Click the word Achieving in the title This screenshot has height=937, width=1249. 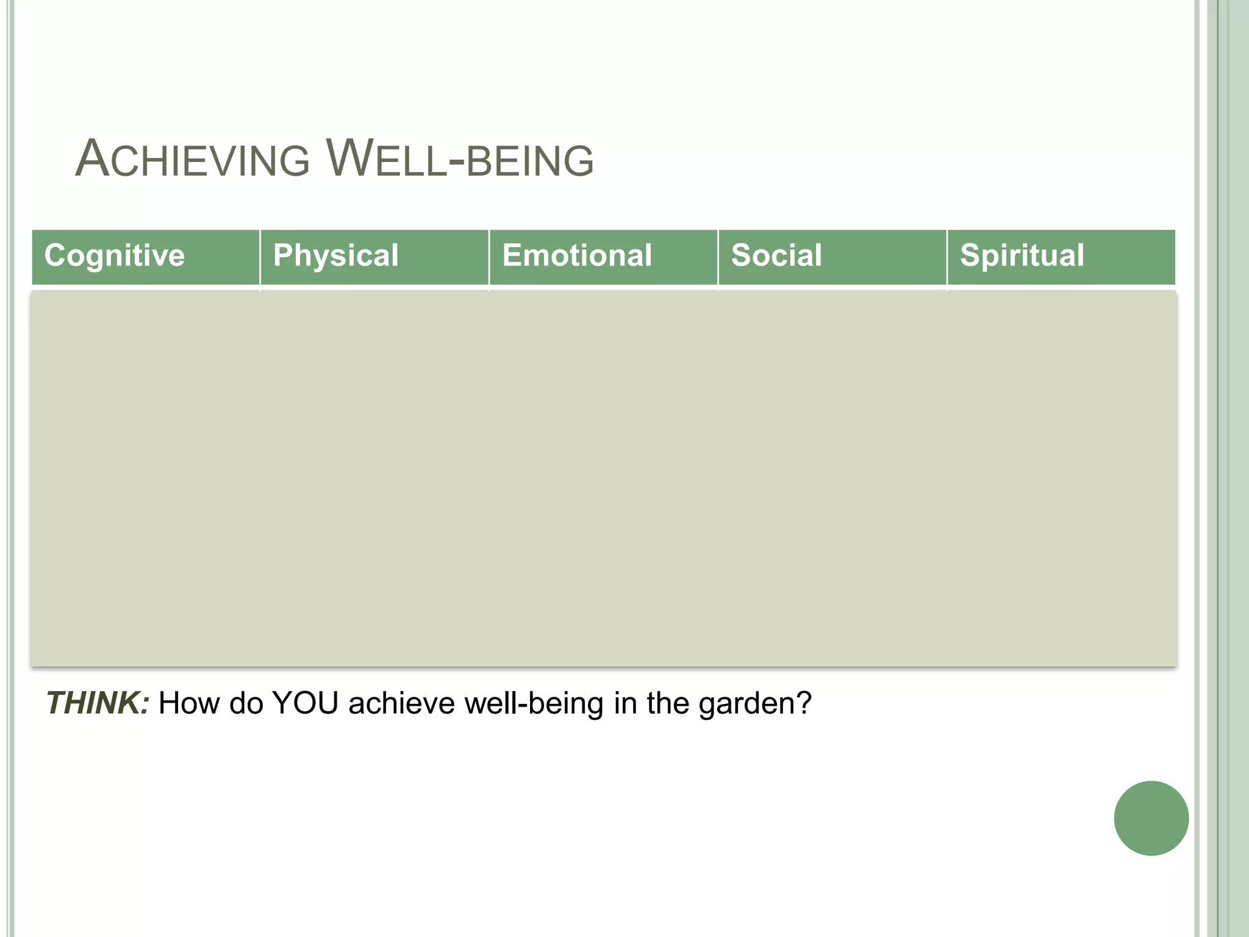point(193,160)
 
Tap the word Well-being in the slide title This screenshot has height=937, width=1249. point(460,160)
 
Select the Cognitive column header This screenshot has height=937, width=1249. point(115,255)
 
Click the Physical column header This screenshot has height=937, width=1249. point(336,255)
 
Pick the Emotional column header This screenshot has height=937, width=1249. point(577,255)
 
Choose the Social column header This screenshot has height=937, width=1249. point(776,255)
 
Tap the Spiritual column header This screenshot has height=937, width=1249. point(1022,255)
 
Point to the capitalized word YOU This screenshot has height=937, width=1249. point(306,703)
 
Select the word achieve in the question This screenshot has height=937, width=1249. point(402,703)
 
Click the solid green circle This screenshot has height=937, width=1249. point(1151,818)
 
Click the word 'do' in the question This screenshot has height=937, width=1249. point(246,703)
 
